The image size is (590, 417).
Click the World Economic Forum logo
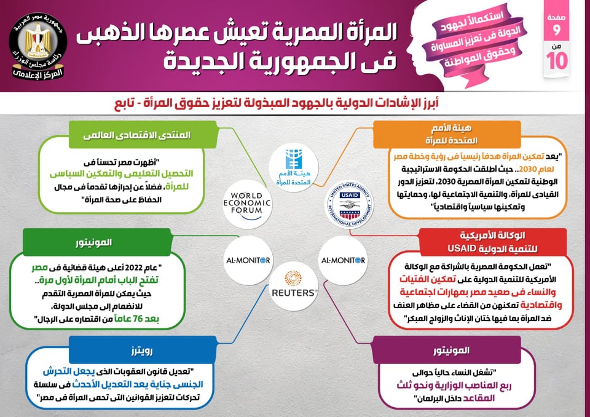247,204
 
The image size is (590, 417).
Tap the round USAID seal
350,205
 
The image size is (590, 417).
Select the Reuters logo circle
294,286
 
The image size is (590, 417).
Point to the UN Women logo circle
294,168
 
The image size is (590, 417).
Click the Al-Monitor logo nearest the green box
248,260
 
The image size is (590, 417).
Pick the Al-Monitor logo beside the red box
343,260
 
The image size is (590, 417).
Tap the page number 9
557,30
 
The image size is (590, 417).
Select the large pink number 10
557,61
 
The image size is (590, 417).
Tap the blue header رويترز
143,351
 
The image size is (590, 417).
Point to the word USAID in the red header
462,249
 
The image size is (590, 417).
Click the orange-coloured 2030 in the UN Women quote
528,169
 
